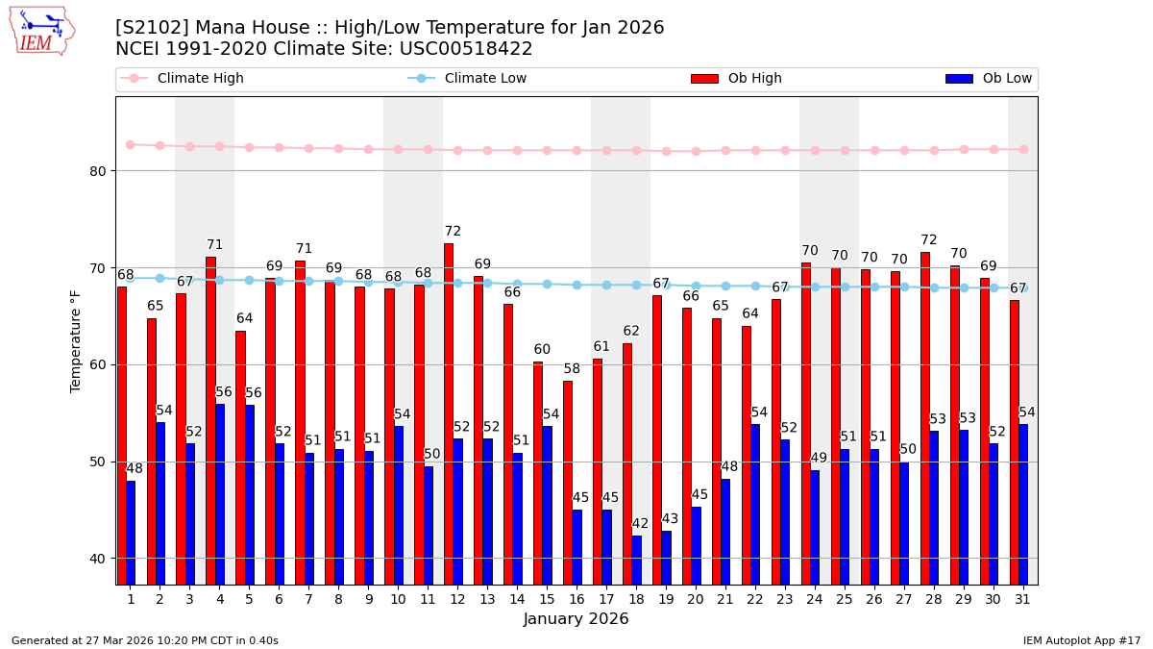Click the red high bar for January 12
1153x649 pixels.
tap(449, 413)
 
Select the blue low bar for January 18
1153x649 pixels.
tap(636, 560)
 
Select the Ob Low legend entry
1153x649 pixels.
tap(989, 79)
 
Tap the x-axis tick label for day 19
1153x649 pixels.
tap(666, 599)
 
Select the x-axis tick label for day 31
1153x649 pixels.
tap(1022, 599)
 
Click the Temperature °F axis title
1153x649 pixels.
tap(76, 340)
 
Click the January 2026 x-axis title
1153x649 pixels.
tap(576, 619)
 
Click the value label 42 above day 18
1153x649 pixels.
tap(640, 524)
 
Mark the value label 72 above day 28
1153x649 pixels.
tap(929, 240)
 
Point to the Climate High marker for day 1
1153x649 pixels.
tap(130, 144)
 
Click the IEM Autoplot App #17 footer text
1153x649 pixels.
tap(1082, 640)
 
